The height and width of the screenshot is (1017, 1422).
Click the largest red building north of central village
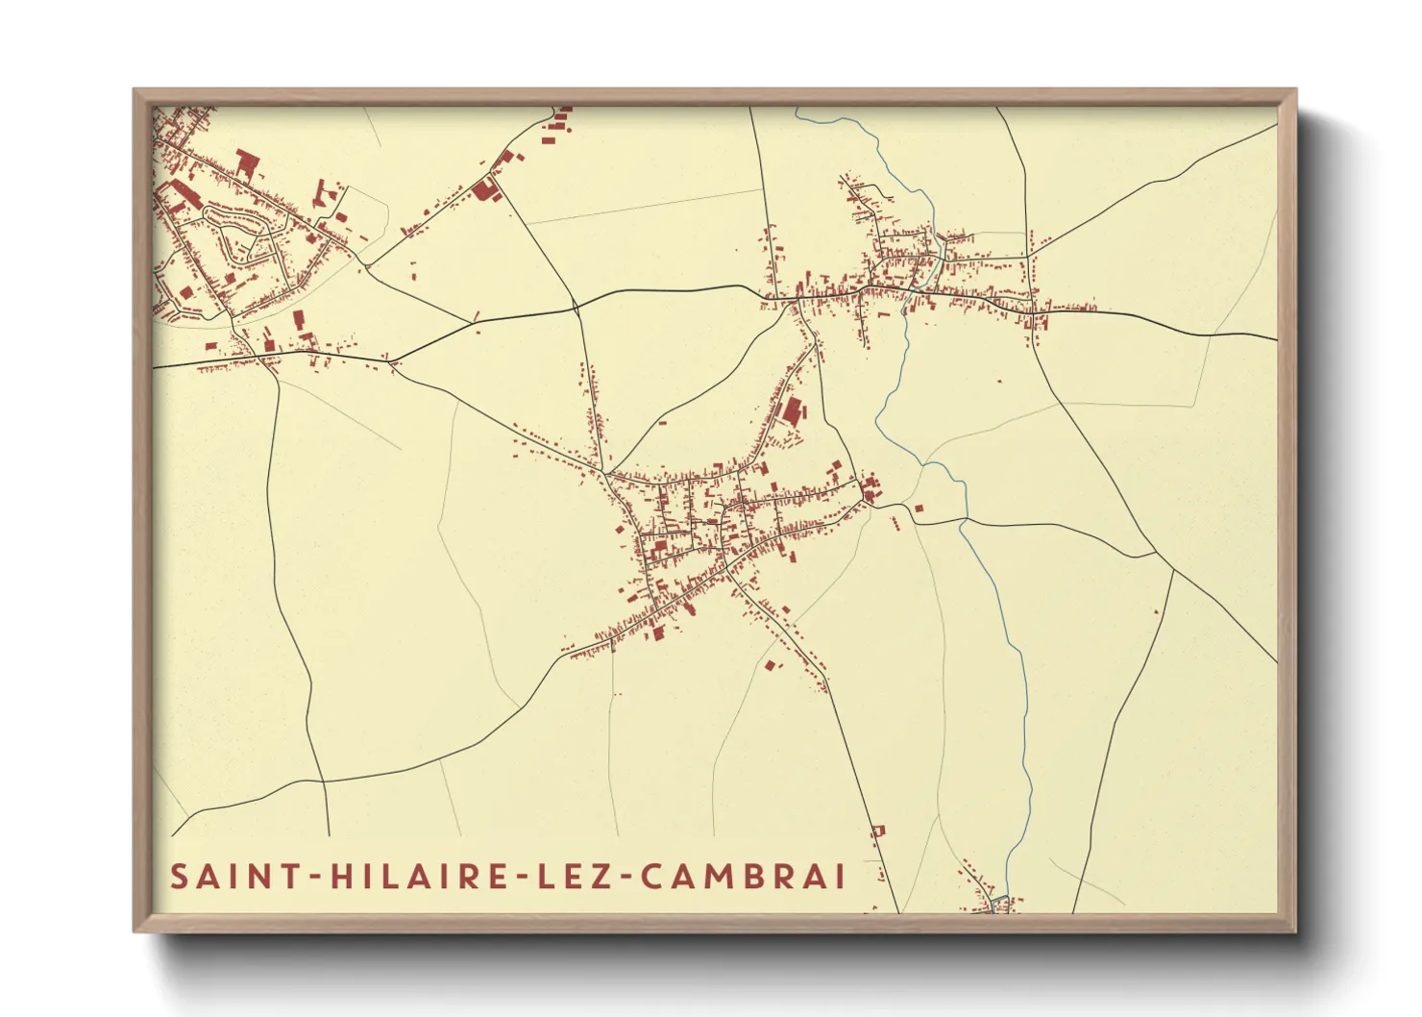tap(791, 412)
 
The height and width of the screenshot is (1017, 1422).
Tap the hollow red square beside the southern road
tap(876, 830)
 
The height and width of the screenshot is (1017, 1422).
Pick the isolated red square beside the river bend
tap(918, 508)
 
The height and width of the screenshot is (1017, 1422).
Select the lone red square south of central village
tap(769, 664)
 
